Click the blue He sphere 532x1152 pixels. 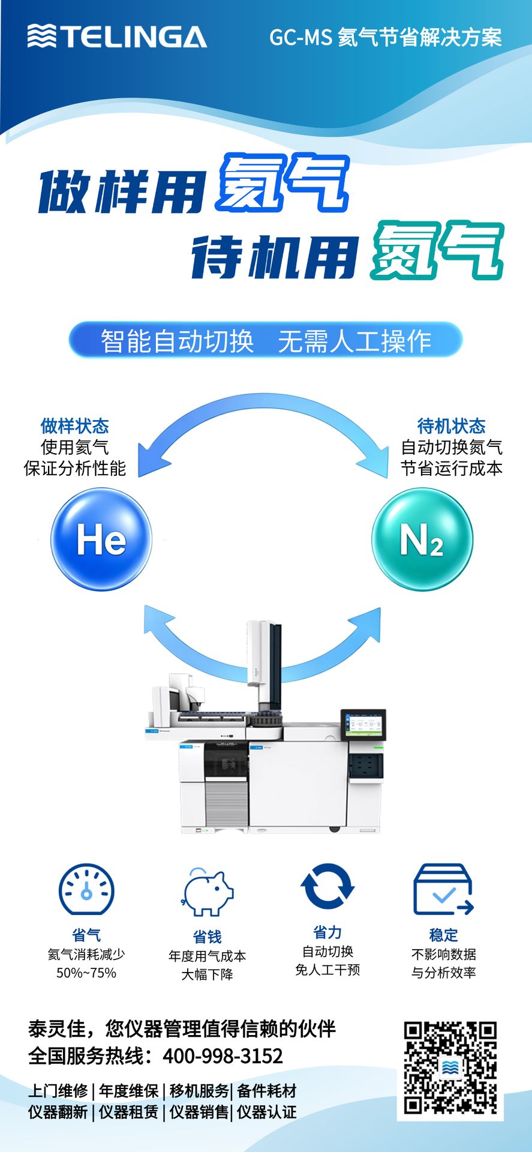tap(101, 539)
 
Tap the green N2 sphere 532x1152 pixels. tap(422, 539)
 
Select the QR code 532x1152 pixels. tap(450, 1070)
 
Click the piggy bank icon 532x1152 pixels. tap(207, 892)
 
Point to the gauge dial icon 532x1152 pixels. tap(86, 890)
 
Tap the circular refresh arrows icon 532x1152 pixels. tap(327, 886)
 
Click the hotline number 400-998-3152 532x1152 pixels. tap(223, 1056)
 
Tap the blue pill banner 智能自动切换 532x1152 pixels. tap(266, 340)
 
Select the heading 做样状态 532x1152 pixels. tap(75, 426)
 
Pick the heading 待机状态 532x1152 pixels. tap(452, 426)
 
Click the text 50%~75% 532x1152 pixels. tap(86, 973)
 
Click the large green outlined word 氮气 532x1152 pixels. tap(437, 251)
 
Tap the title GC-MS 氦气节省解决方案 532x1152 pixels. tap(385, 37)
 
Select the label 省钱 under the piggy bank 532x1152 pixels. tap(207, 937)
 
